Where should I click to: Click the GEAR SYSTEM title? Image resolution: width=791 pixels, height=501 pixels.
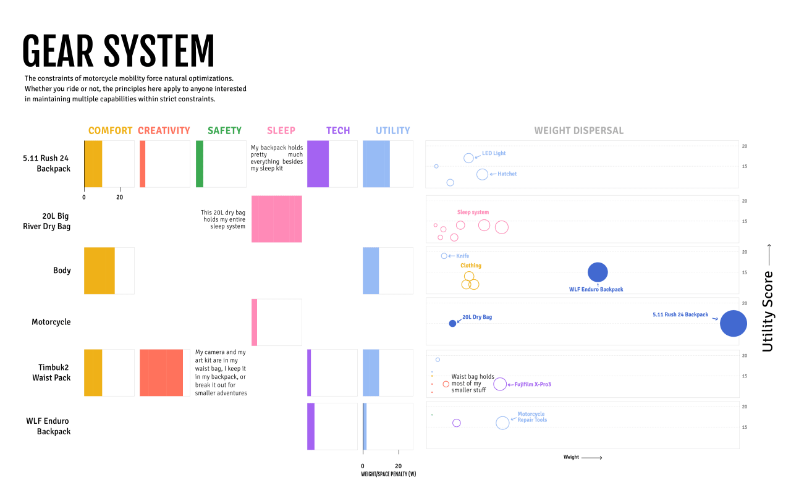click(118, 51)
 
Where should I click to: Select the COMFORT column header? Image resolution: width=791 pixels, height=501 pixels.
click(110, 130)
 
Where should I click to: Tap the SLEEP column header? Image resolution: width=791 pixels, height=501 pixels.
click(281, 130)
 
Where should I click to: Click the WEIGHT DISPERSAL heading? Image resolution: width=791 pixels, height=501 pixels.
click(578, 130)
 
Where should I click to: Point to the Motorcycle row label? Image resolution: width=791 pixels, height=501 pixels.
click(51, 322)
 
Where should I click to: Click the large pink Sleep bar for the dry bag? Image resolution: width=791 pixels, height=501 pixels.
click(276, 219)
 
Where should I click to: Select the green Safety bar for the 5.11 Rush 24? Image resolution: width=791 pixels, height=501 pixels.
click(200, 164)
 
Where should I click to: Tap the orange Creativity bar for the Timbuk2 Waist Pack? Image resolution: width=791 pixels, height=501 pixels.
click(161, 373)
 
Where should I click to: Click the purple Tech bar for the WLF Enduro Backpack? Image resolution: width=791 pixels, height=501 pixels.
click(311, 426)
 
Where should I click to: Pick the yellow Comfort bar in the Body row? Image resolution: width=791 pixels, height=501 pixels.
click(99, 271)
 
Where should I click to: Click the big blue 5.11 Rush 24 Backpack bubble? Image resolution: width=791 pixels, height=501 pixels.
click(733, 324)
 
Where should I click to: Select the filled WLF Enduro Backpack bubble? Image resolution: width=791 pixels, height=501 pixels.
click(598, 272)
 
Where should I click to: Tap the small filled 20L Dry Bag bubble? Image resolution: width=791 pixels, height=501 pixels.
click(452, 323)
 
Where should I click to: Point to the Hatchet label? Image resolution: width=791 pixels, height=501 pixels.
click(507, 174)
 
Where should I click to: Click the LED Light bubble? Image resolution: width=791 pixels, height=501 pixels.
click(468, 158)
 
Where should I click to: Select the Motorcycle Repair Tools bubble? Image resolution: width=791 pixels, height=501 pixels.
click(502, 423)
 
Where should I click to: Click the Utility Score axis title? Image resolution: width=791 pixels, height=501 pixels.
click(768, 311)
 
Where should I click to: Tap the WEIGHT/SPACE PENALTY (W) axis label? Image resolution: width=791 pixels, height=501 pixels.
click(388, 474)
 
